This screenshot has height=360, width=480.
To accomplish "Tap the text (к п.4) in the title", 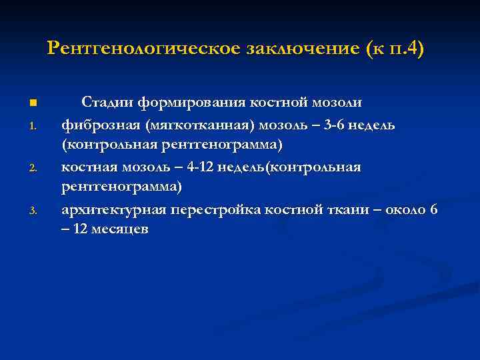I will pyautogui.click(x=395, y=49).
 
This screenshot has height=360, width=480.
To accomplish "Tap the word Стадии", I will pyautogui.click(x=107, y=103).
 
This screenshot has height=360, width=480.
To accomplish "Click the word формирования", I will pyautogui.click(x=191, y=103).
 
